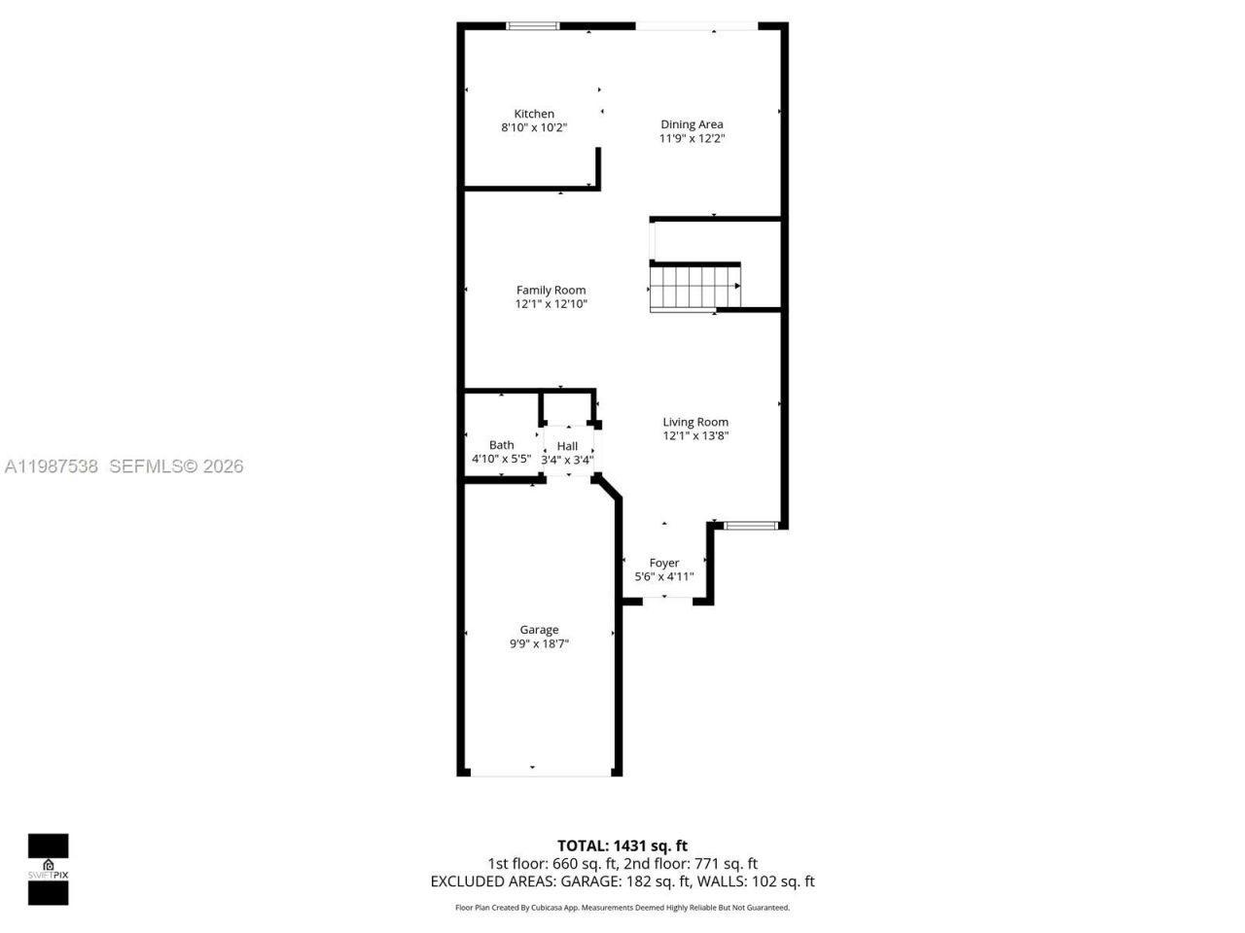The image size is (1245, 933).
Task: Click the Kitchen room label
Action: tap(534, 114)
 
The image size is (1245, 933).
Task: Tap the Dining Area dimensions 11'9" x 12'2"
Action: tap(693, 139)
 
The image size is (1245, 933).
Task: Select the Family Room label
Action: tap(551, 290)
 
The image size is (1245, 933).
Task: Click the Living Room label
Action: tap(695, 422)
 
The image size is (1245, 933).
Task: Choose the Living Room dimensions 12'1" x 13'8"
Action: tap(695, 436)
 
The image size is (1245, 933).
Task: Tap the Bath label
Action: tap(502, 445)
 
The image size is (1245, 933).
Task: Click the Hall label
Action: tap(567, 446)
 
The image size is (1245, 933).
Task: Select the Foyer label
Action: tap(664, 563)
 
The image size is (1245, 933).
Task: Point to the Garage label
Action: tap(539, 630)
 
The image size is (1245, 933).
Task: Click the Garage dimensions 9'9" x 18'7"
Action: tap(539, 643)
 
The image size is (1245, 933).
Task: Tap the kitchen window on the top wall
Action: tap(534, 26)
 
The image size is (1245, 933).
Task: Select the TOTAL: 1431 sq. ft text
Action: tap(622, 846)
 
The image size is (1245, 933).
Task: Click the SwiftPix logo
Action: tap(48, 869)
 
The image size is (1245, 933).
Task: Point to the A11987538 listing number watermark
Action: tap(52, 466)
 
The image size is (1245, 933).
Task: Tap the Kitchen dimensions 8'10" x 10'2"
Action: tap(534, 127)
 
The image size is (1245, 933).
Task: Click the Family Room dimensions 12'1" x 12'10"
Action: tap(551, 304)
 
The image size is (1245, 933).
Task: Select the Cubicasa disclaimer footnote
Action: tap(622, 908)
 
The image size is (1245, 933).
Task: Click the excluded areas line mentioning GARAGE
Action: tap(622, 881)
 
